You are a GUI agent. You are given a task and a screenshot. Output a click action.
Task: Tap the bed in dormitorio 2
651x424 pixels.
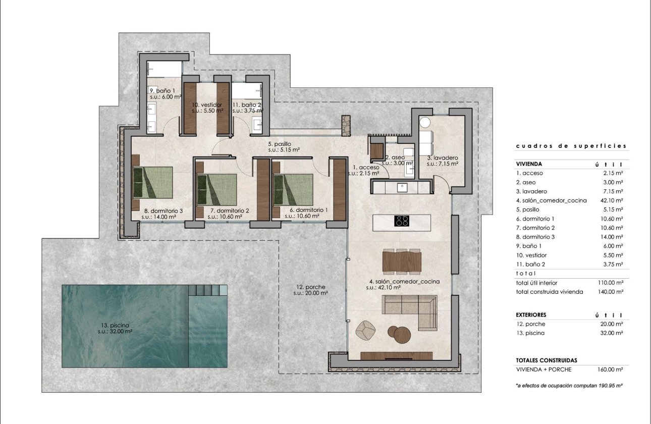[x=216, y=189]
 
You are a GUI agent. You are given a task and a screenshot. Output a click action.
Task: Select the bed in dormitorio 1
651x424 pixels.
[x=293, y=189]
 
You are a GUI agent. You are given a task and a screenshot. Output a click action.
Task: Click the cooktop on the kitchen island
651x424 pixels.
[x=402, y=221]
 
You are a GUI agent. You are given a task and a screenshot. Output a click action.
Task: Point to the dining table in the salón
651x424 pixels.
[x=402, y=261]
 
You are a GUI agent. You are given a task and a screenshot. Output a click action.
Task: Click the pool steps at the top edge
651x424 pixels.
[x=207, y=290]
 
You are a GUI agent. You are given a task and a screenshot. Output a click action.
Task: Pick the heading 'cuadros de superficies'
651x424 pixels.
[x=571, y=146]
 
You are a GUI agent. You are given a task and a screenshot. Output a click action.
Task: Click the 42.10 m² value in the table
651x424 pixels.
[x=612, y=200]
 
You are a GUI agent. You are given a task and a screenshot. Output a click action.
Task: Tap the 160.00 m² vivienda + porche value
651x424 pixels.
[x=611, y=369]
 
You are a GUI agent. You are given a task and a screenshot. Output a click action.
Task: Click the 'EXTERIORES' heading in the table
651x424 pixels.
[x=531, y=315]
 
